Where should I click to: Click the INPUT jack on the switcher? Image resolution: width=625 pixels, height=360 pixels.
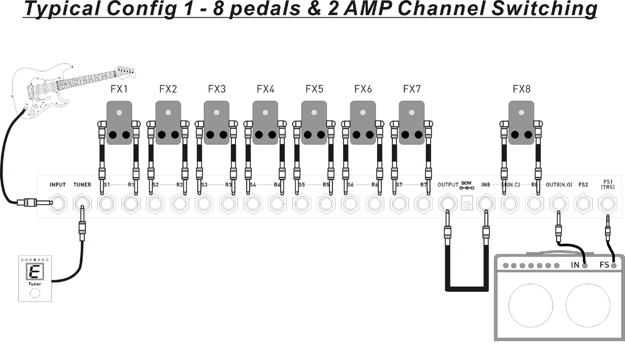tap(58, 204)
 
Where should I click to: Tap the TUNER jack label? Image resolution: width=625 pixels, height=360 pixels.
tap(82, 184)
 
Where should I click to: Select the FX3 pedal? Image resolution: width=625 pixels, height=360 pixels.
tap(217, 123)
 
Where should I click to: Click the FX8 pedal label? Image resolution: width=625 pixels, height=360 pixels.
tap(521, 89)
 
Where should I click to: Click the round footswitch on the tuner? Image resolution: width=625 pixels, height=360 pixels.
tap(34, 293)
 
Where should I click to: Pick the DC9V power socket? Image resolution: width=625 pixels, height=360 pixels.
tap(466, 204)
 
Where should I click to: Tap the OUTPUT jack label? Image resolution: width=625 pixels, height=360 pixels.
tap(448, 184)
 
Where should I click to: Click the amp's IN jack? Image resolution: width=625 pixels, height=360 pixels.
tap(585, 266)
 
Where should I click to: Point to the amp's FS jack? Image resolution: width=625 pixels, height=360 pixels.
tap(614, 266)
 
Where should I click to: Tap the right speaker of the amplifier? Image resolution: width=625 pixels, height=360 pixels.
tap(587, 305)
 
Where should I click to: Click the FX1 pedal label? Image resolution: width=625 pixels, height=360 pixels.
tap(119, 89)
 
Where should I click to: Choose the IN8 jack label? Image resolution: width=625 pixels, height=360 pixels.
tap(486, 184)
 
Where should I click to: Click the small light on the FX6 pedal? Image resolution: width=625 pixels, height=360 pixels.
tap(363, 113)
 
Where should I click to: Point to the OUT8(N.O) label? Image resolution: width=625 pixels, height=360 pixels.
tap(559, 184)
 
